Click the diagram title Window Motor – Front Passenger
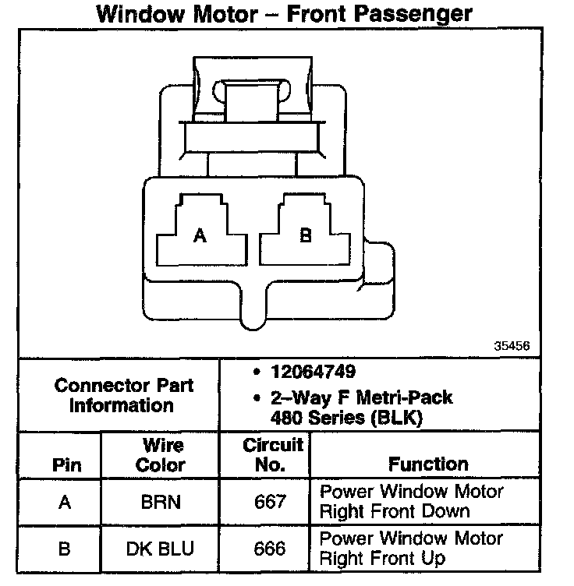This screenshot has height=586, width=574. click(x=284, y=15)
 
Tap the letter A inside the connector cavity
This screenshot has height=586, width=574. click(x=200, y=236)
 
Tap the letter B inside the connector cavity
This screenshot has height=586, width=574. click(x=306, y=235)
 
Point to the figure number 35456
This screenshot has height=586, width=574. click(x=512, y=345)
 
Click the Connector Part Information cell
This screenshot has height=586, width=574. click(x=124, y=395)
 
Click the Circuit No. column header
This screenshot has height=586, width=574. click(x=271, y=455)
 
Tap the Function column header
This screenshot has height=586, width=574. click(x=428, y=464)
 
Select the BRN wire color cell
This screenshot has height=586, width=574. click(x=161, y=502)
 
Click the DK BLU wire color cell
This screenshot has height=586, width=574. click(x=161, y=549)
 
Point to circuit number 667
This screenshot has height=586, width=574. click(x=271, y=502)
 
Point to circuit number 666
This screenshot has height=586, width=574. click(x=271, y=549)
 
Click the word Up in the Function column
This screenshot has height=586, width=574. click(x=434, y=559)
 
